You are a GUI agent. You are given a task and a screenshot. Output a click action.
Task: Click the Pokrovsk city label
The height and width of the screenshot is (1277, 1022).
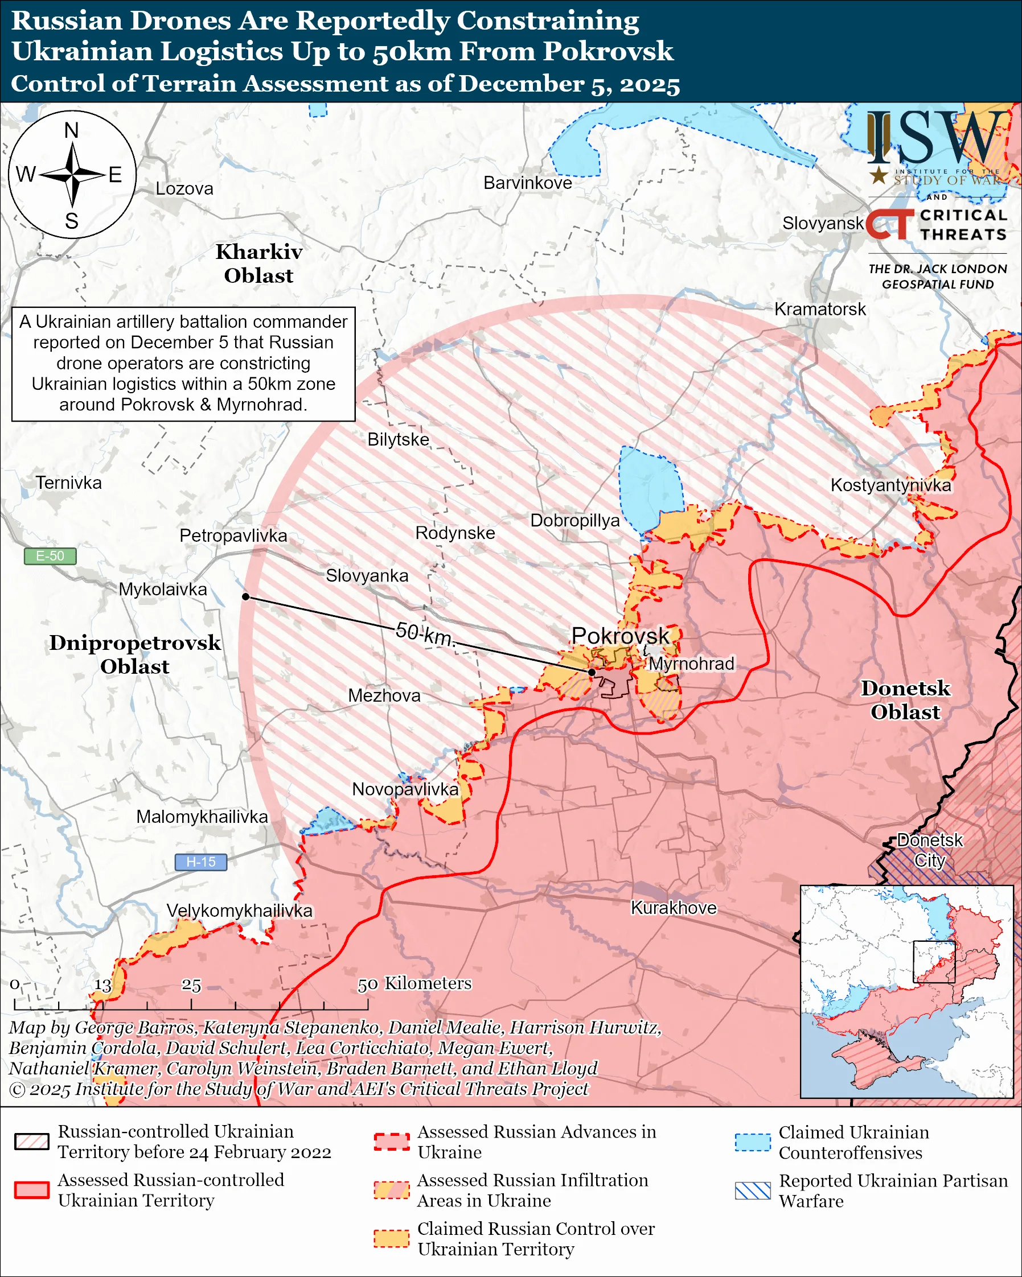click(x=619, y=636)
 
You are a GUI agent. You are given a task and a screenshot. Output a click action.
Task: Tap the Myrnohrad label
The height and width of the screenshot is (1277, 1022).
click(x=691, y=664)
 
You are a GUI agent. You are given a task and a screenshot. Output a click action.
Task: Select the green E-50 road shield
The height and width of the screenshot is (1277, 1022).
click(x=50, y=556)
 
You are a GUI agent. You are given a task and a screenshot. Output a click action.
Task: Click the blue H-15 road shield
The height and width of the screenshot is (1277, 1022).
click(x=200, y=862)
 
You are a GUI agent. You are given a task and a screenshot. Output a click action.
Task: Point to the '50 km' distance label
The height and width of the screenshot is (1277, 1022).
click(x=424, y=635)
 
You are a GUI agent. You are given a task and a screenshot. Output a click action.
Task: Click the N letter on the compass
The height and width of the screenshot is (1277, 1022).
click(x=72, y=130)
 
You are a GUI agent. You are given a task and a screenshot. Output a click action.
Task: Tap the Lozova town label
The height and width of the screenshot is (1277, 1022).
click(x=184, y=189)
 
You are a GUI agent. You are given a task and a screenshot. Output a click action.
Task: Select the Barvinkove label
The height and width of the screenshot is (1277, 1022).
click(x=527, y=183)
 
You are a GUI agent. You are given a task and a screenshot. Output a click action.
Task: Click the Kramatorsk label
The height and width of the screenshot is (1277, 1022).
click(x=820, y=309)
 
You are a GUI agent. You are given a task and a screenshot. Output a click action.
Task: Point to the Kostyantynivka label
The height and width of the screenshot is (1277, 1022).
click(x=890, y=485)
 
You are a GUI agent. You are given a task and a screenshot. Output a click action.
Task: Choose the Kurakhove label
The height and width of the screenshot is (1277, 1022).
click(x=674, y=908)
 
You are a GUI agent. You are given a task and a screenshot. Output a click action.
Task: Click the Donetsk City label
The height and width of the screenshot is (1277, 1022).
click(x=929, y=850)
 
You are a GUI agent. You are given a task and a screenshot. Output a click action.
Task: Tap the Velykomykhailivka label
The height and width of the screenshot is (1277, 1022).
click(x=239, y=911)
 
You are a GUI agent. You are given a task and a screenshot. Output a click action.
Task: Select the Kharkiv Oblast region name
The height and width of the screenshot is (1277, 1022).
click(x=259, y=263)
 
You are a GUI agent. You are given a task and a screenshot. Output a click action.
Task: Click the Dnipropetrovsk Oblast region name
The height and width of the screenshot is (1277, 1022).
click(x=135, y=654)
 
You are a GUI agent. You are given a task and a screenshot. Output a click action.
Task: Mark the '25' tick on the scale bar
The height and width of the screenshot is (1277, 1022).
click(x=191, y=985)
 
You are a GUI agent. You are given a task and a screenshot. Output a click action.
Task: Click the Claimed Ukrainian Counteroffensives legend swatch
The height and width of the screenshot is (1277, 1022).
click(x=753, y=1143)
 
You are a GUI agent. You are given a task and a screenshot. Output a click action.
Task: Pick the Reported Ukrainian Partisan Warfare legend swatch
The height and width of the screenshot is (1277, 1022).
click(x=753, y=1191)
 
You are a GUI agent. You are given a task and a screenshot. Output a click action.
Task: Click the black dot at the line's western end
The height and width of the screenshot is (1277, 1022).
click(x=246, y=597)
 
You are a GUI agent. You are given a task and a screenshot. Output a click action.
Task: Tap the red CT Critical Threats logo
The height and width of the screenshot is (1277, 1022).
click(x=890, y=224)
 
